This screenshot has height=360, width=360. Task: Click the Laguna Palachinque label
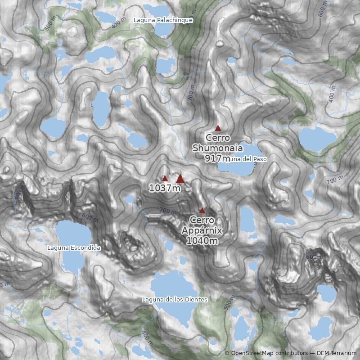click(163, 20)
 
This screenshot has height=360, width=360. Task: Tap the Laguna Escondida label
click(74, 247)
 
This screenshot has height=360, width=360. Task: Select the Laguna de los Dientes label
click(175, 299)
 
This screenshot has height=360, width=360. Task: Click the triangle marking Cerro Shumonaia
click(218, 128)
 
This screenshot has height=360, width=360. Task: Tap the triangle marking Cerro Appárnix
click(202, 210)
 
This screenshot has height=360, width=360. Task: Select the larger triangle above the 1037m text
click(180, 179)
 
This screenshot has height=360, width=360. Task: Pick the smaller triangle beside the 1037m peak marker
click(165, 179)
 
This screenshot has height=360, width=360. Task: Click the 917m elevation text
click(217, 158)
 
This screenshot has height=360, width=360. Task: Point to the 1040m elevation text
click(202, 241)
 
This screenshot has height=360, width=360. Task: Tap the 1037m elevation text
click(165, 188)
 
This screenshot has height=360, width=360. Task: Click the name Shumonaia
click(218, 148)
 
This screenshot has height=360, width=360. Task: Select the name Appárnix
click(202, 231)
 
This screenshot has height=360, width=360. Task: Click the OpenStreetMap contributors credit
click(265, 353)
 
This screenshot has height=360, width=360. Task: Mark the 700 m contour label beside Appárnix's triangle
click(168, 211)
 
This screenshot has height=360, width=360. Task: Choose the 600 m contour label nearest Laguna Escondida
click(90, 216)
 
